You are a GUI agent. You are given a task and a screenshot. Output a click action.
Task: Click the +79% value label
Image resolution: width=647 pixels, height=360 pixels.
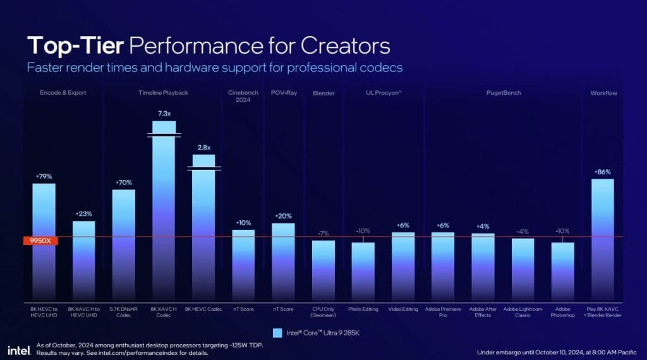pos(44,177)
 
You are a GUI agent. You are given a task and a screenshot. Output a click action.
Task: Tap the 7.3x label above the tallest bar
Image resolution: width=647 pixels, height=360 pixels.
pos(164,114)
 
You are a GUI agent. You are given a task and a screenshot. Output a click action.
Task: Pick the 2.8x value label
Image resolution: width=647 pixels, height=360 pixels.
pos(203,147)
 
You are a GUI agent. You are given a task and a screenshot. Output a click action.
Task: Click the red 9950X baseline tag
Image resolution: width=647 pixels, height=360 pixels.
pos(40,241)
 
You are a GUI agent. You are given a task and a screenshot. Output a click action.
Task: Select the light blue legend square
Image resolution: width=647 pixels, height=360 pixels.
pos(277,333)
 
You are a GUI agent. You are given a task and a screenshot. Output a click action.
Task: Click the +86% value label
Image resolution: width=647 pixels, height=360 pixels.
pos(602,172)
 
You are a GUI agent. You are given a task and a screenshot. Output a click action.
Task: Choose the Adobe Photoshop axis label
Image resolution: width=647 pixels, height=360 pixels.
pos(562,311)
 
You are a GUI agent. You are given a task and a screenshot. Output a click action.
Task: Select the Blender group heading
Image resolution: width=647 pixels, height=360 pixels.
pos(323,93)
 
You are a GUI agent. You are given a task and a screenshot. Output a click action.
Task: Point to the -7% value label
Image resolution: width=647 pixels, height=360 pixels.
pos(323,234)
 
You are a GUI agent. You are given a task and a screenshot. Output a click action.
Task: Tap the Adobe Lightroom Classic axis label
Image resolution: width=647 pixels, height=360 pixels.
pos(523,311)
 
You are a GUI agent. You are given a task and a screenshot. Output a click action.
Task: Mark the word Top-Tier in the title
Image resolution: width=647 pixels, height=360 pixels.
pos(74,46)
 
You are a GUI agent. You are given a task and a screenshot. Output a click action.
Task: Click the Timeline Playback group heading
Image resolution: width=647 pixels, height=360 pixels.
pos(163,93)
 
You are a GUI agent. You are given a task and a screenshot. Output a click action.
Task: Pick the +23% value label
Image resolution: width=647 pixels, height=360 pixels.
pos(84,214)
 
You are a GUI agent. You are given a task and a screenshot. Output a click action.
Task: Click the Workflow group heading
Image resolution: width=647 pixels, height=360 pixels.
pos(603,93)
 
